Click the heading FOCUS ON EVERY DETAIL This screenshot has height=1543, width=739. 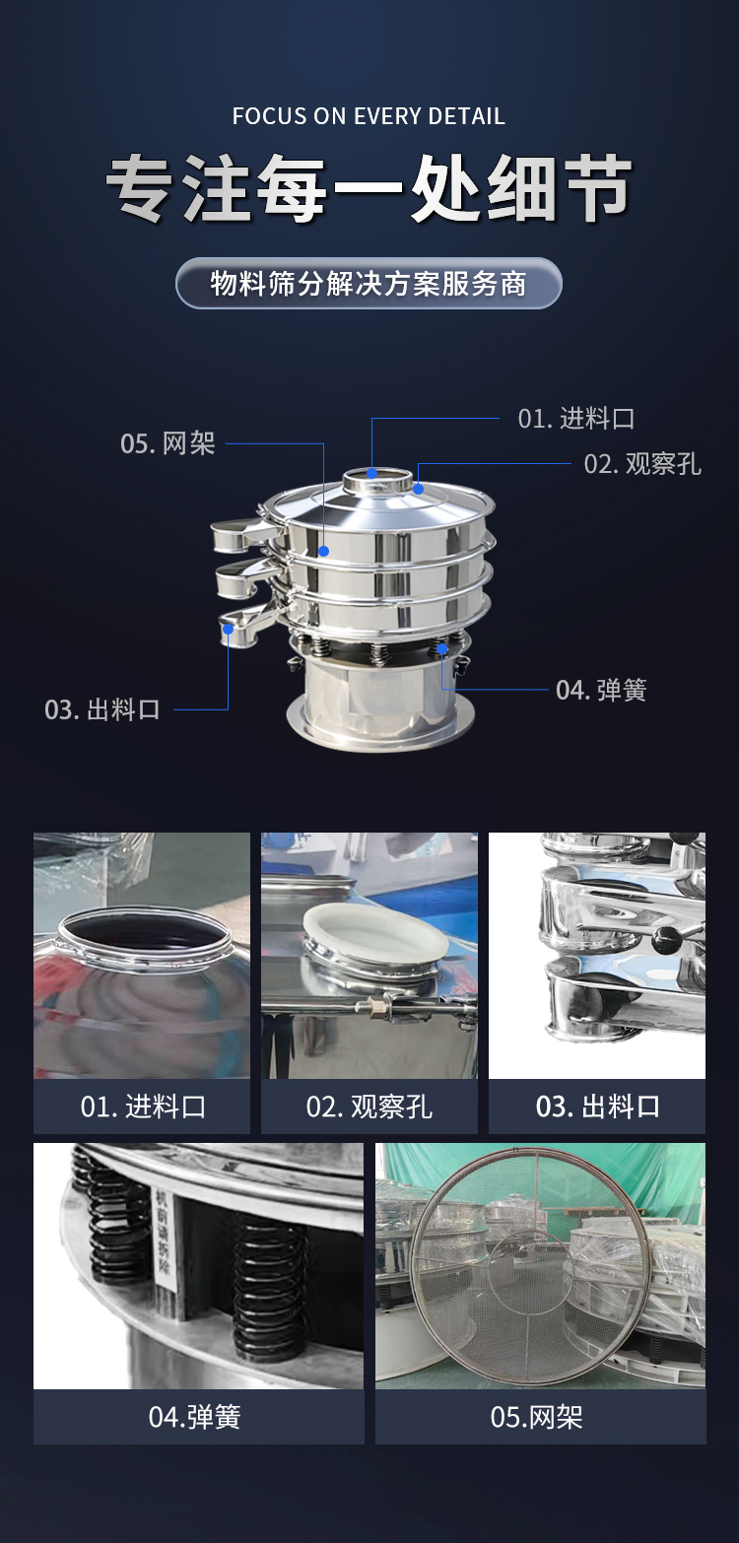click(x=369, y=115)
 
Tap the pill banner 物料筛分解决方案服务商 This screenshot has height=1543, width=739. click(x=369, y=283)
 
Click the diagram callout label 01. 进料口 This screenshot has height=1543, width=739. click(x=575, y=418)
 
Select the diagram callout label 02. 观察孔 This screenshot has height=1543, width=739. click(x=641, y=463)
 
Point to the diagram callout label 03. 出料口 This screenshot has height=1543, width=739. click(x=101, y=709)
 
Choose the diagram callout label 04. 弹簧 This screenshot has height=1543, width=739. click(x=601, y=690)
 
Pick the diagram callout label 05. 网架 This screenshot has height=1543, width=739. click(x=168, y=443)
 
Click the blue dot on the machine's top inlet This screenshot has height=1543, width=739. click(x=371, y=473)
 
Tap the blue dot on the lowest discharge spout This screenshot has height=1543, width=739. click(x=228, y=629)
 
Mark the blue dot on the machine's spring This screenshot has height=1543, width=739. click(x=442, y=648)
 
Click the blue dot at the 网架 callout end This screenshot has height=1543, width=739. click(x=324, y=551)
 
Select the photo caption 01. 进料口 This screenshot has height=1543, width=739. click(x=143, y=1107)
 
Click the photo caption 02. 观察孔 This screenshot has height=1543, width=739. click(x=369, y=1107)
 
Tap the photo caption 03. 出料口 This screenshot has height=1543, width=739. click(x=597, y=1107)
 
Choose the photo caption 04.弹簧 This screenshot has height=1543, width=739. click(x=194, y=1417)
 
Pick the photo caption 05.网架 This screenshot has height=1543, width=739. click(x=537, y=1417)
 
